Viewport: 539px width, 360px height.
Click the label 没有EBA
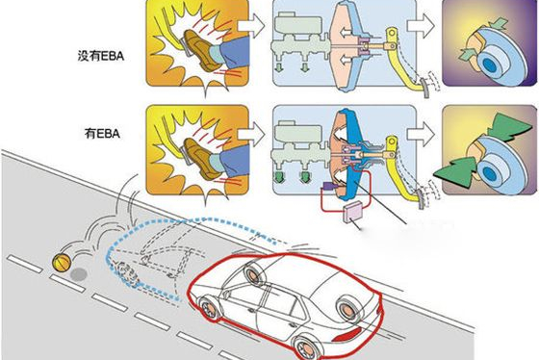[100, 56]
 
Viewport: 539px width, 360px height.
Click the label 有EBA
[102, 134]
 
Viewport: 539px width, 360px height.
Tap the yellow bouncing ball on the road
[62, 263]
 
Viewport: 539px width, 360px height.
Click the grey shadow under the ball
[79, 274]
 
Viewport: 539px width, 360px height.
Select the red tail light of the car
[347, 334]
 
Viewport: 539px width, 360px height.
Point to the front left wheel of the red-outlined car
[209, 308]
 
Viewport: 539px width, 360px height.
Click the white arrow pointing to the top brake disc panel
[421, 26]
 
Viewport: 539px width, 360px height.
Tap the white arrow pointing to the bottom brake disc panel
[421, 134]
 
